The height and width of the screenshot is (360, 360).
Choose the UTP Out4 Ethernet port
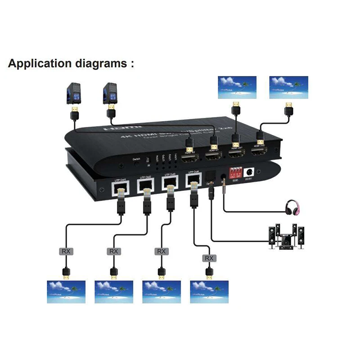click(x=193, y=180)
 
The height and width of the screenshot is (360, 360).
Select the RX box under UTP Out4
click(x=209, y=258)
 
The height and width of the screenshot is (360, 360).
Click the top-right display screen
click(x=288, y=87)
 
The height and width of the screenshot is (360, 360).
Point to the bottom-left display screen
click(x=66, y=292)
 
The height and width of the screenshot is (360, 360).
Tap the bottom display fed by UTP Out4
click(x=209, y=292)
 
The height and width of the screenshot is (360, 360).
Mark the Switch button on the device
click(x=136, y=163)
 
